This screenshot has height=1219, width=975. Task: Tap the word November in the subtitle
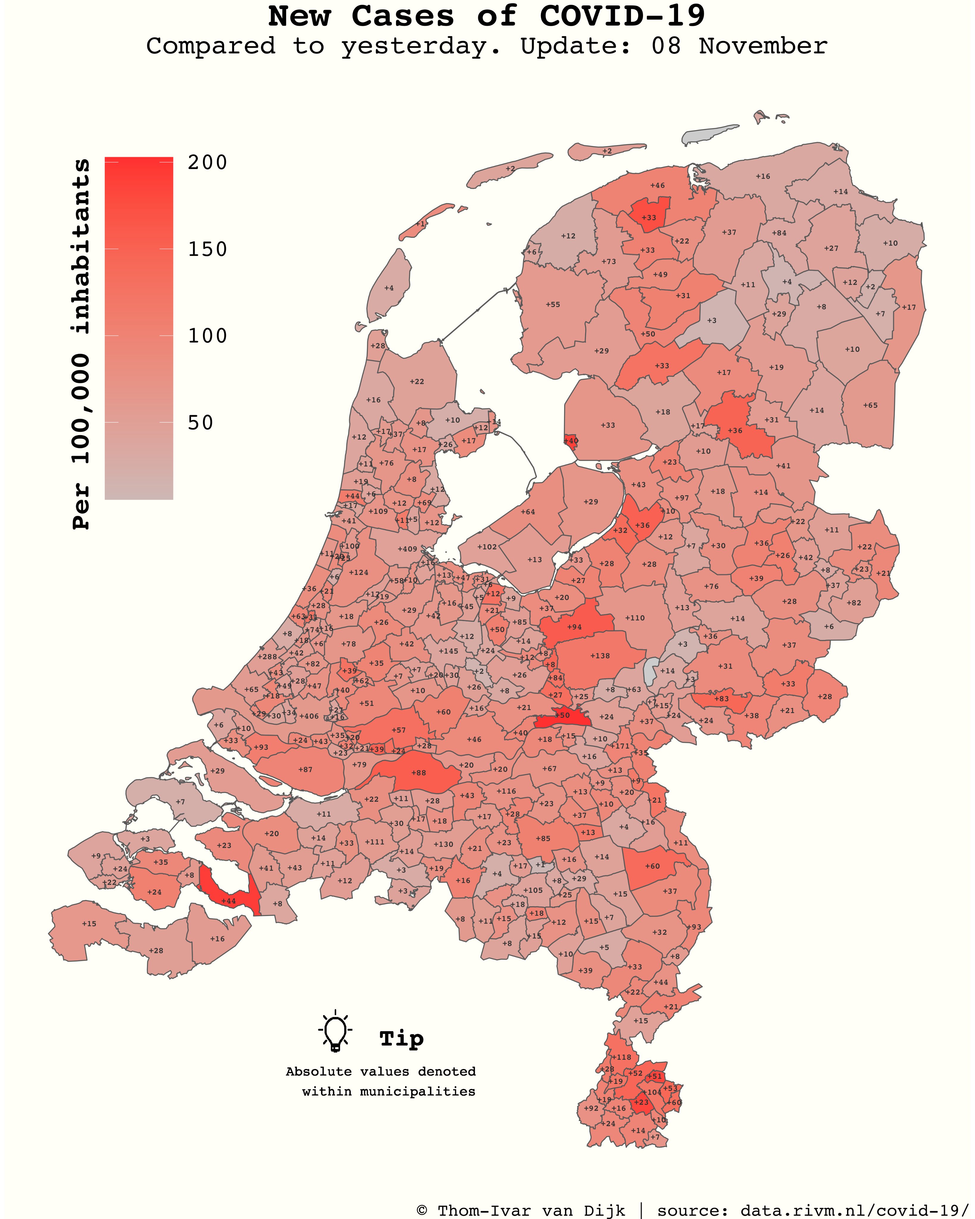pos(763,46)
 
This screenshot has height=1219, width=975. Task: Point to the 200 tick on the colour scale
pos(207,163)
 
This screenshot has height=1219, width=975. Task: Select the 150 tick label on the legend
pos(207,249)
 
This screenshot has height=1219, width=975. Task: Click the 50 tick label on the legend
pos(201,423)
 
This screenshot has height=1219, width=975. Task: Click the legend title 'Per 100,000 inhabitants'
pos(82,344)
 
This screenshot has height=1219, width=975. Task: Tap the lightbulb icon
pos(335,1030)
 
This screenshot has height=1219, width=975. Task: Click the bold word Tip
pos(401,1038)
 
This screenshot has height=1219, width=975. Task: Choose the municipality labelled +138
pos(600,656)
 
